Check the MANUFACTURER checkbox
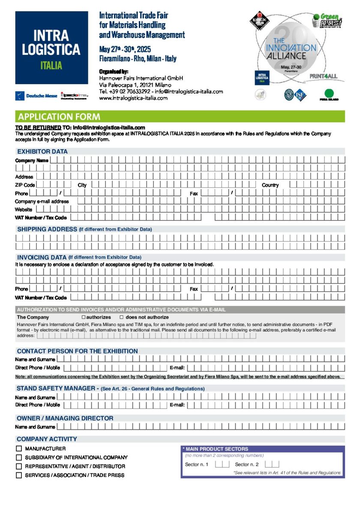pyautogui.click(x=19, y=449)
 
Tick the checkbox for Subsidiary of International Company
pyautogui.click(x=19, y=458)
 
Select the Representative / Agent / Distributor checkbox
pyautogui.click(x=19, y=466)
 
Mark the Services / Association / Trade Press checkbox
pyautogui.click(x=19, y=475)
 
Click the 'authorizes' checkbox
pyautogui.click(x=84, y=317)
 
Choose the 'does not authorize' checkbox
pyautogui.click(x=121, y=317)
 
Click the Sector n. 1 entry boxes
pyautogui.click(x=222, y=465)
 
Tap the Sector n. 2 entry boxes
pyautogui.click(x=272, y=465)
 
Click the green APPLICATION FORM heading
pyautogui.click(x=59, y=117)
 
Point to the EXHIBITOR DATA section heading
pyautogui.click(x=42, y=151)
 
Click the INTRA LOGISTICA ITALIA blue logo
pyautogui.click(x=51, y=48)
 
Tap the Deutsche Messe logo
pyautogui.click(x=37, y=96)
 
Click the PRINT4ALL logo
pyautogui.click(x=323, y=76)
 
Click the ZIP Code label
pyautogui.click(x=25, y=185)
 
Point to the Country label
pyautogui.click(x=270, y=185)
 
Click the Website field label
pyautogui.click(x=24, y=209)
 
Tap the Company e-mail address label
pyautogui.click(x=42, y=201)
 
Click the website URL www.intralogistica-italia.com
pyautogui.click(x=133, y=98)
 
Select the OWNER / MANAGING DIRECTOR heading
pyautogui.click(x=65, y=418)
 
